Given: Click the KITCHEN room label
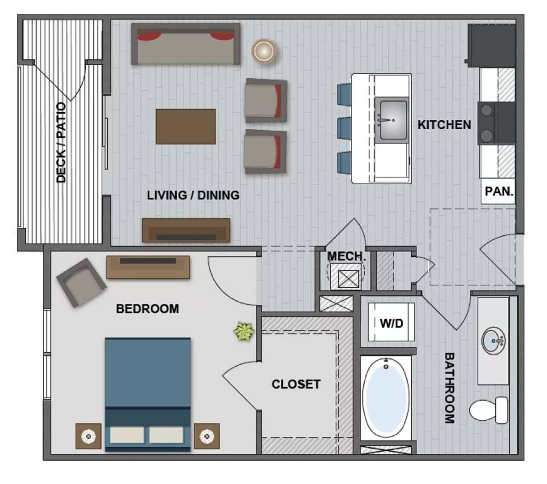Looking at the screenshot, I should [444, 125].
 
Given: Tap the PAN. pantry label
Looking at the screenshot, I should [499, 191].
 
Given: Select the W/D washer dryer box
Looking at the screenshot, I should [391, 323].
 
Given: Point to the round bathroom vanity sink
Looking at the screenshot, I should [493, 341].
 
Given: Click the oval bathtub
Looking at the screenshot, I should [386, 397].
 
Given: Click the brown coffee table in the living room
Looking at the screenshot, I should [186, 127].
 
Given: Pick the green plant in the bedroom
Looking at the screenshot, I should [244, 331].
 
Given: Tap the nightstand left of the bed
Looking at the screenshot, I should [88, 436].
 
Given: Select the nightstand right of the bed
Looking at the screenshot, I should [206, 436].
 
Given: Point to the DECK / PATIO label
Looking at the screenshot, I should [61, 142].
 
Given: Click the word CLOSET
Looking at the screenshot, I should [296, 384].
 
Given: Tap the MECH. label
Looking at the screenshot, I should [346, 256].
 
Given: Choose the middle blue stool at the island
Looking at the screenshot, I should [344, 128].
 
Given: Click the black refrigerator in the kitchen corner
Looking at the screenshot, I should [492, 45].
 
